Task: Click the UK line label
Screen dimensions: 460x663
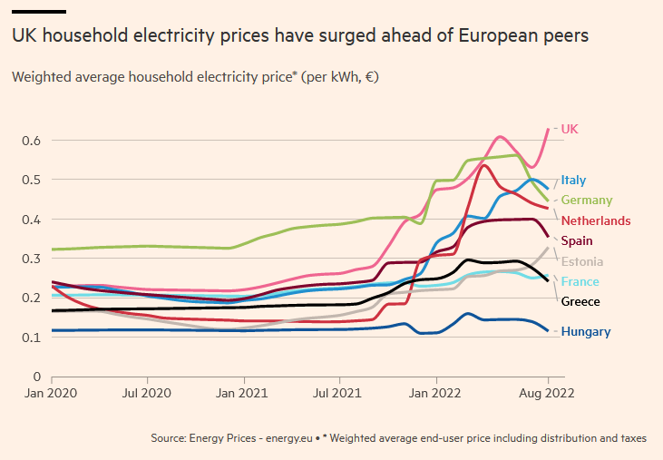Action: point(570,129)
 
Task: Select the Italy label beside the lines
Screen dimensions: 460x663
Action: point(573,180)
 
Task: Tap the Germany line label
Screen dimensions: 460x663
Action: point(586,200)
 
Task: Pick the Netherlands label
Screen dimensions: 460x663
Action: point(596,220)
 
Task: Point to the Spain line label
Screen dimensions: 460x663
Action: point(577,240)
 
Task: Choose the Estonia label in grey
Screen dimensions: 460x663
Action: point(582,261)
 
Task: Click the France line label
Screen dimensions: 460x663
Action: point(580,281)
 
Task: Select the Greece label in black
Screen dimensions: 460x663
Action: point(580,301)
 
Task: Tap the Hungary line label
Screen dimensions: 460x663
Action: point(585,331)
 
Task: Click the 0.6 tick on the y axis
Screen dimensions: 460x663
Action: point(32,141)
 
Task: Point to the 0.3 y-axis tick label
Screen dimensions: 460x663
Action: point(32,259)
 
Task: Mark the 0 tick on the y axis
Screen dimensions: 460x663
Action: point(36,377)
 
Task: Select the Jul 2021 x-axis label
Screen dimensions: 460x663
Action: point(339,395)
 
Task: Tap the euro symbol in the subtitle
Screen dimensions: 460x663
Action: point(367,77)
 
